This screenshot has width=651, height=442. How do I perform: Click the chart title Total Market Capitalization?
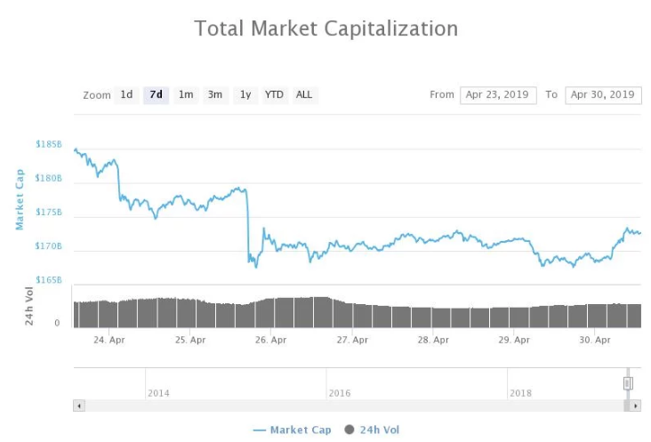pyautogui.click(x=325, y=28)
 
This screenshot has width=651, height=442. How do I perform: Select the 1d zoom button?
pyautogui.click(x=126, y=95)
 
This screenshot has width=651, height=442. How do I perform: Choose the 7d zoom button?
pyautogui.click(x=156, y=95)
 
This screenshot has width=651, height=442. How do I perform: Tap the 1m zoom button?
pyautogui.click(x=185, y=95)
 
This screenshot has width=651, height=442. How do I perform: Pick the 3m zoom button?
pyautogui.click(x=215, y=95)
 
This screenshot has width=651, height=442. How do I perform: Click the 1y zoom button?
pyautogui.click(x=245, y=95)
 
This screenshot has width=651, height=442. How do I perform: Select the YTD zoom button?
pyautogui.click(x=275, y=95)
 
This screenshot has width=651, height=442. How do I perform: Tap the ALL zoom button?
pyautogui.click(x=304, y=95)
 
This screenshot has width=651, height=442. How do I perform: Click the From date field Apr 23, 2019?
pyautogui.click(x=498, y=95)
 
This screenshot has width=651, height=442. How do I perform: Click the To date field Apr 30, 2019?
pyautogui.click(x=603, y=95)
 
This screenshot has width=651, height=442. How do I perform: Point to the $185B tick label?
pyautogui.click(x=49, y=144)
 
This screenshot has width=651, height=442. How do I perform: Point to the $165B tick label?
pyautogui.click(x=49, y=280)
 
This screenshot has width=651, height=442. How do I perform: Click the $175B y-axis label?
pyautogui.click(x=49, y=213)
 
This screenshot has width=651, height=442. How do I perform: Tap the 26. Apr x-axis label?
pyautogui.click(x=271, y=340)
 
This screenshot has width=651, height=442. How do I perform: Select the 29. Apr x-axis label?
pyautogui.click(x=515, y=340)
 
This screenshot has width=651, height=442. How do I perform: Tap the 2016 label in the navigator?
pyautogui.click(x=340, y=393)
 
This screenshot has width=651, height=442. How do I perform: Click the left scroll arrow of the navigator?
pyautogui.click(x=79, y=406)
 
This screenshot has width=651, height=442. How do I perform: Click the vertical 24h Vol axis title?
pyautogui.click(x=29, y=304)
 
